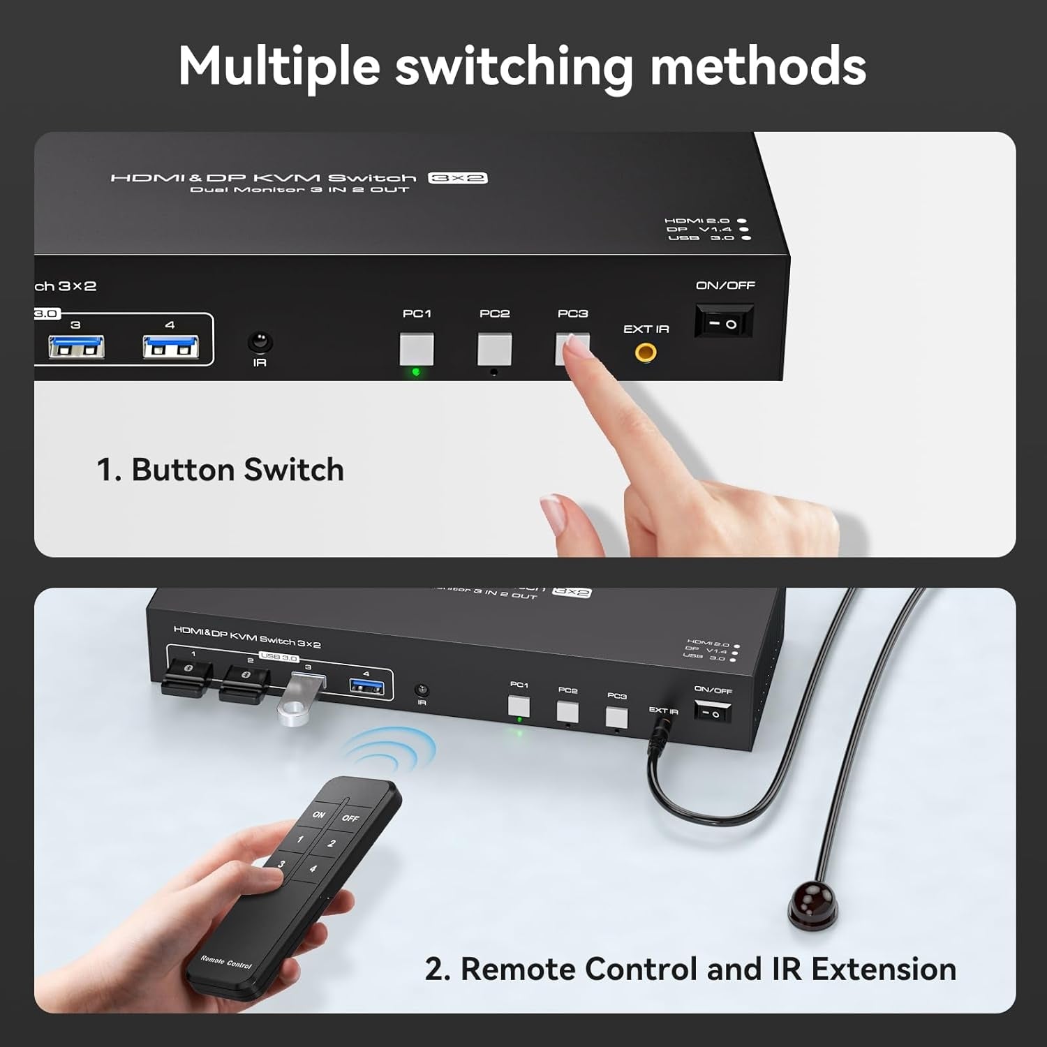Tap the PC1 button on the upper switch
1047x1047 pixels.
click(x=417, y=349)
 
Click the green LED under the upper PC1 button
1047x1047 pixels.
click(x=416, y=372)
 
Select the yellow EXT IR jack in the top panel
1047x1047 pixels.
click(x=646, y=352)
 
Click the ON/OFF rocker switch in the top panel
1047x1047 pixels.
click(x=724, y=323)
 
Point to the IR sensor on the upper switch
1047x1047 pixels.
click(x=260, y=342)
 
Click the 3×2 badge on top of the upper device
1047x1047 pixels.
click(x=457, y=178)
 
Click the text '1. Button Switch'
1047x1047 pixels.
click(x=220, y=470)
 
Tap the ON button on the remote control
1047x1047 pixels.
click(x=319, y=814)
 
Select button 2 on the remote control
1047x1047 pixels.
click(x=332, y=843)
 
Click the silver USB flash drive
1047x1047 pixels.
click(x=298, y=702)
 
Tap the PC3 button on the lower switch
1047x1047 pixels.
click(x=616, y=718)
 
